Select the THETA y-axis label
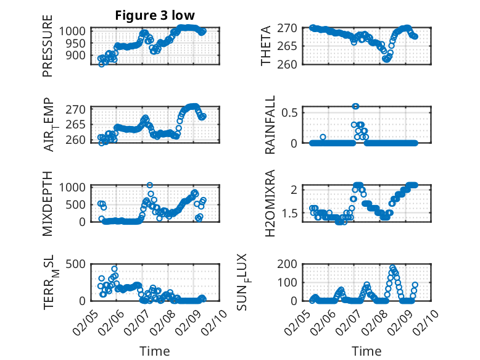[x=266, y=46]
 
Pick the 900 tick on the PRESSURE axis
[x=77, y=56]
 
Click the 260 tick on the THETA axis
[x=291, y=64]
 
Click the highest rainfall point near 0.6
[x=355, y=106]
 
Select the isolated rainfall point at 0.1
[x=323, y=136]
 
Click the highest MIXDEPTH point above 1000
[x=150, y=185]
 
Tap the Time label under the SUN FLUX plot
[x=366, y=351]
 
